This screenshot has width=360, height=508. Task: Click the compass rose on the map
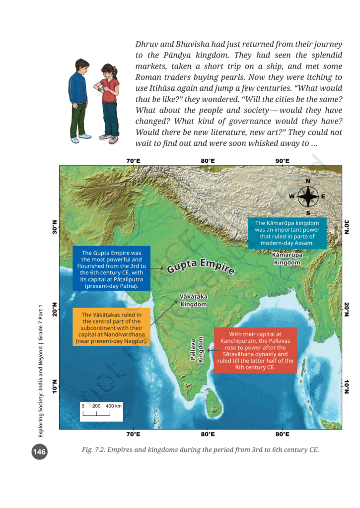click(x=308, y=196)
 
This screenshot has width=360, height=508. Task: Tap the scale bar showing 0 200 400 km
click(x=102, y=410)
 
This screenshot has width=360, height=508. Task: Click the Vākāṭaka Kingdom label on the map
click(x=193, y=300)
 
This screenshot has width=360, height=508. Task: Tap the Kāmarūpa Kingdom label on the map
click(x=287, y=258)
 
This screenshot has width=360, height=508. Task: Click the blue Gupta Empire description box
click(x=111, y=269)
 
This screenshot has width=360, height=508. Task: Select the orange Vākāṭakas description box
click(x=111, y=328)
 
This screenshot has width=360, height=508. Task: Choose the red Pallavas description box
click(x=255, y=351)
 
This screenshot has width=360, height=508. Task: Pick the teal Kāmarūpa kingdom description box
click(x=287, y=233)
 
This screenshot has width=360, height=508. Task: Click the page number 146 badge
click(x=39, y=452)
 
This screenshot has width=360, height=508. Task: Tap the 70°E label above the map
click(x=133, y=161)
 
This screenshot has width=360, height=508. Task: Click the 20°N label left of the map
click(x=54, y=309)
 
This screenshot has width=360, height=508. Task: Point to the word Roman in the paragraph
click(x=150, y=77)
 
